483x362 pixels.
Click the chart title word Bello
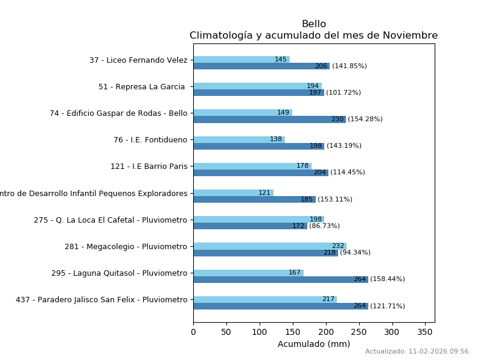pos(313,24)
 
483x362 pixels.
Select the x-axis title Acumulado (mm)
pos(313,344)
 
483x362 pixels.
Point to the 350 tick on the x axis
pos(425,332)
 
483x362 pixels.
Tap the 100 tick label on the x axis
pos(260,332)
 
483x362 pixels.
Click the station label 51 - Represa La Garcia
pos(142,87)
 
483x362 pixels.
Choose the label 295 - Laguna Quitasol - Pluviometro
pos(119,273)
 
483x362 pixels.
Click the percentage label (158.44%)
pos(388,279)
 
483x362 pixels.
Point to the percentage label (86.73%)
pos(324,226)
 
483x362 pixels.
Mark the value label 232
pos(337,246)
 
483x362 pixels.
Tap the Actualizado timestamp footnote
pos(417,352)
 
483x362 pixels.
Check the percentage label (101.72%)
pos(344,93)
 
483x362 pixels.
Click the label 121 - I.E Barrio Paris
pos(149,167)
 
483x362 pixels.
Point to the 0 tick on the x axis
pos(193,332)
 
